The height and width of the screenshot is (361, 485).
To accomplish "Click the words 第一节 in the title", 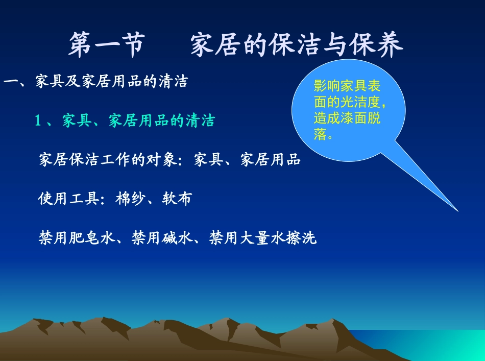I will point(106,45).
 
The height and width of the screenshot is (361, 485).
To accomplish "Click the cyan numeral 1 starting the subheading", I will point(37,121).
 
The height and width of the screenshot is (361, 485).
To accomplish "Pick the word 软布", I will point(177,199).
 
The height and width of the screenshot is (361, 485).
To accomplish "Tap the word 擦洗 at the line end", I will point(301,238).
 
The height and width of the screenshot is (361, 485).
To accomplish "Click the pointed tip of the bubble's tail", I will point(457,210).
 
